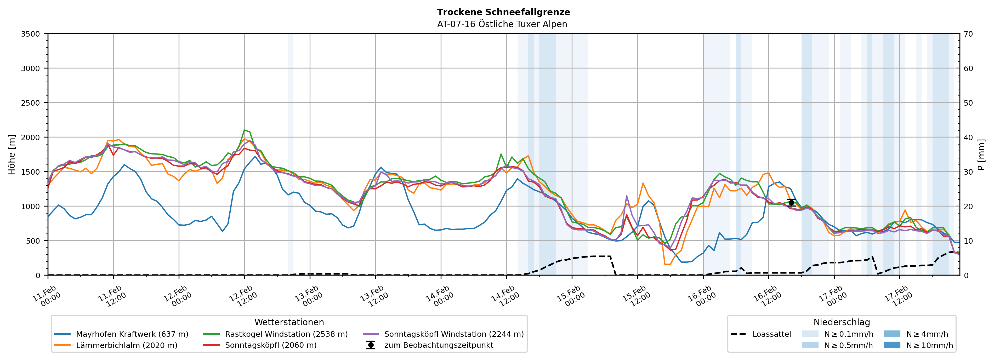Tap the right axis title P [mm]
(x=981, y=154)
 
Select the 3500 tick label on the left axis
(x=31, y=34)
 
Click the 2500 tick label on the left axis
(x=31, y=103)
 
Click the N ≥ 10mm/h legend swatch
(x=892, y=345)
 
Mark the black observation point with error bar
(x=791, y=203)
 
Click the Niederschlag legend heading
(x=842, y=322)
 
